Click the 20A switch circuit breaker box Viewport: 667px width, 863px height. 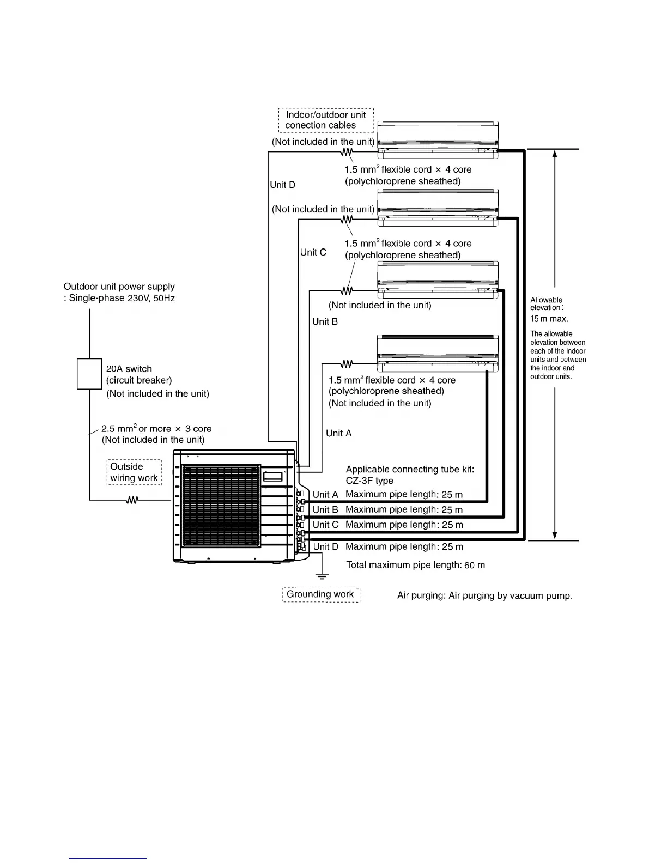click(89, 374)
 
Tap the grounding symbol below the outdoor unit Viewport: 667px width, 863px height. click(322, 575)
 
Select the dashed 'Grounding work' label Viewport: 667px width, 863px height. click(321, 594)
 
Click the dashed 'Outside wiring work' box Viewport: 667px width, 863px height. click(134, 472)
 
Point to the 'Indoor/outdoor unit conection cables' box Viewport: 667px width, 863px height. click(326, 120)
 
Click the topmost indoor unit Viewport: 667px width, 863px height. click(438, 140)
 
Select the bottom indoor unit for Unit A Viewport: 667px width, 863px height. click(438, 353)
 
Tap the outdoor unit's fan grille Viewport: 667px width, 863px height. click(221, 506)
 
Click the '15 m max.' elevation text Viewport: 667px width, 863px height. click(549, 319)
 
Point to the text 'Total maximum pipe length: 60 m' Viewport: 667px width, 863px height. click(415, 566)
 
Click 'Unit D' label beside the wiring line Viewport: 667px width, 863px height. click(283, 185)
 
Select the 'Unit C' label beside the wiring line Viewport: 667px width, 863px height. click(313, 252)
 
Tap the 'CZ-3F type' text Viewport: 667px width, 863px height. click(369, 481)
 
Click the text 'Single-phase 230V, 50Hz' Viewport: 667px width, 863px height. click(122, 299)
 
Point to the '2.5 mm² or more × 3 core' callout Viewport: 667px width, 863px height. click(156, 429)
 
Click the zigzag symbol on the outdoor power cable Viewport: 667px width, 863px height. click(132, 500)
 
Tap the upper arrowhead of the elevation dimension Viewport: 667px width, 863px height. click(555, 154)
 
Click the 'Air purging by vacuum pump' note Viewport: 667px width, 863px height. click(484, 595)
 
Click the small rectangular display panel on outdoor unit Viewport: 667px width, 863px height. click(273, 476)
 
